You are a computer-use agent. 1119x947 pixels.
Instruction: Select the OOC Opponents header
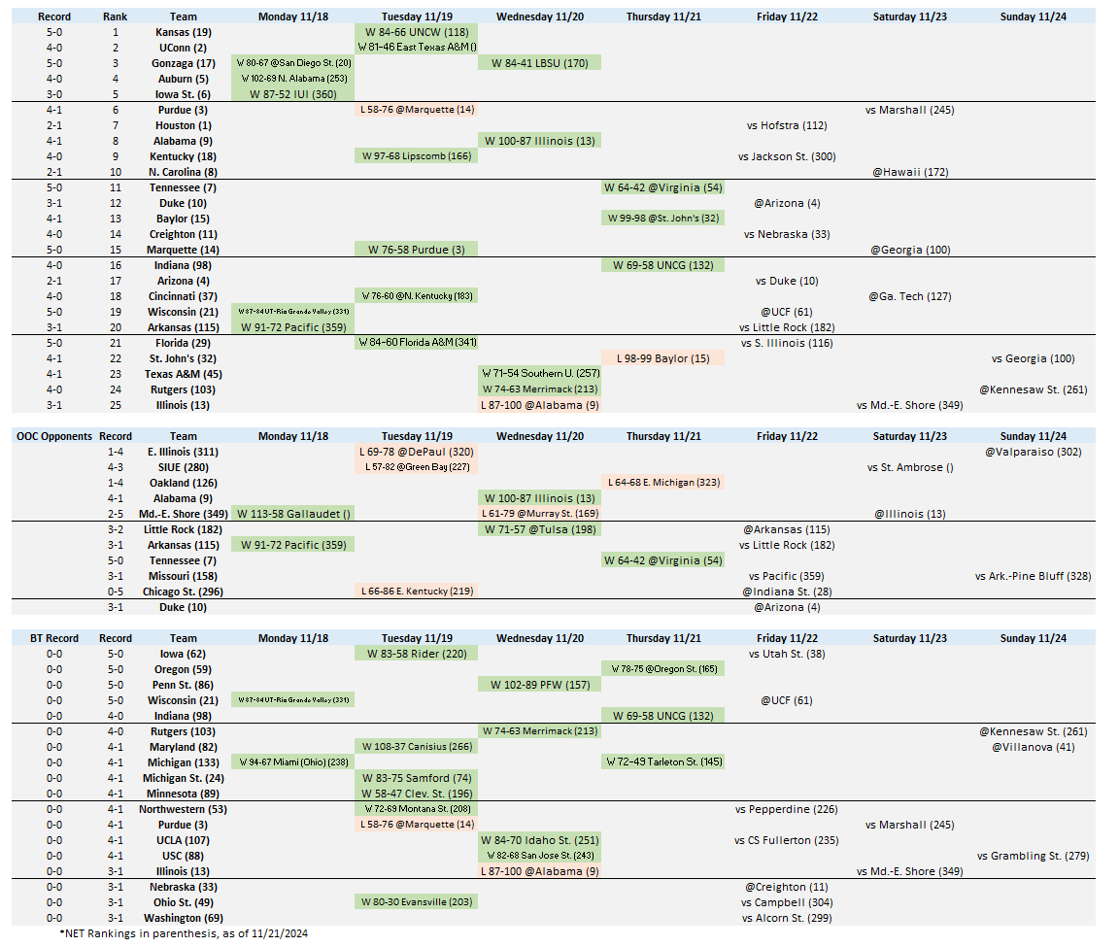53,436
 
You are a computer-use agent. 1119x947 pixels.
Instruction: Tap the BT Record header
53,638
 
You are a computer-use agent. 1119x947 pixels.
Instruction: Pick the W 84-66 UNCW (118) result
416,32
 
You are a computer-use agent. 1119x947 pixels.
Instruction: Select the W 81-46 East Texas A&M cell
416,47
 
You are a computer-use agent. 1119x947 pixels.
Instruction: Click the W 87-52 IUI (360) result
292,94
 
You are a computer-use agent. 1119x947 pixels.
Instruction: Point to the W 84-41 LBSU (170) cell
539,63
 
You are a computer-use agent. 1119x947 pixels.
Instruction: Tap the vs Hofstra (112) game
787,125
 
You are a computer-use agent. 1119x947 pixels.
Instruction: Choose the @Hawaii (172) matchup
909,172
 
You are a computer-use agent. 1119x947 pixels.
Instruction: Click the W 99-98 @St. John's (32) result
662,219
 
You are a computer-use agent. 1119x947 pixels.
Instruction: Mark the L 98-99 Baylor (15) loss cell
662,358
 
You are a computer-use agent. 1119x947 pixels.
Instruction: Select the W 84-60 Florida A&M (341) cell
416,343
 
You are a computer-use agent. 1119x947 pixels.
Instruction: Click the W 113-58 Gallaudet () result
292,514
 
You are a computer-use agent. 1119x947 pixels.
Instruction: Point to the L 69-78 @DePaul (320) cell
416,452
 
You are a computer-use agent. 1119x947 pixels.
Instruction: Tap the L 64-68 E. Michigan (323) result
662,483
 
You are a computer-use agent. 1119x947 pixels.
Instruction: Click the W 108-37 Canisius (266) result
416,747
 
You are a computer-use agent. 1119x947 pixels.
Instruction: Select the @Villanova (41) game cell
1033,747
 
